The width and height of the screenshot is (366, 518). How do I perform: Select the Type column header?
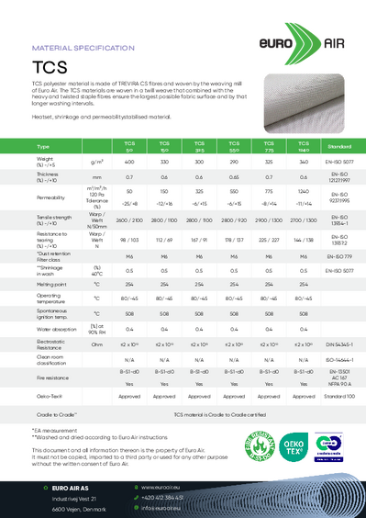pyautogui.click(x=17, y=147)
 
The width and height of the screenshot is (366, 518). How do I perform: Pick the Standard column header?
pyautogui.click(x=339, y=147)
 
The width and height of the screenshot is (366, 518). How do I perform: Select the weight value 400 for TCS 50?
pyautogui.click(x=129, y=161)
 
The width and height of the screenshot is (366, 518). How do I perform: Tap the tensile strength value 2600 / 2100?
pyautogui.click(x=129, y=221)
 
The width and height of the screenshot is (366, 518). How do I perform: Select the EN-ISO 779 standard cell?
pyautogui.click(x=339, y=256)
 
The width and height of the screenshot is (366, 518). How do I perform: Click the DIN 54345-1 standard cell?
pyautogui.click(x=339, y=343)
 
